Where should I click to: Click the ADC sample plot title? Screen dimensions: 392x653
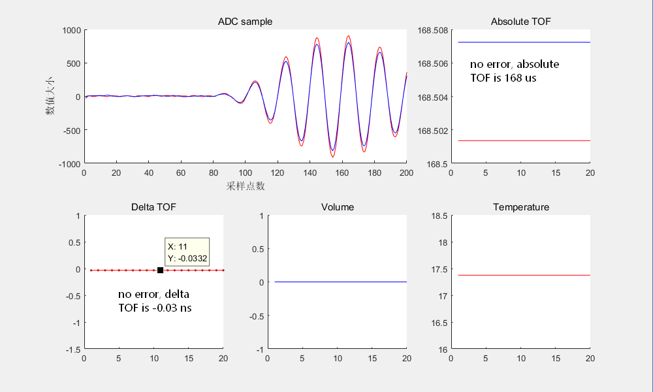point(245,22)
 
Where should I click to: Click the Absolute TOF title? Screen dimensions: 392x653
point(520,22)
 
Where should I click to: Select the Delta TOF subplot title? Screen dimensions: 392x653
point(153,207)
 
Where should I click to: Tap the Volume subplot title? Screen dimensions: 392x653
point(338,207)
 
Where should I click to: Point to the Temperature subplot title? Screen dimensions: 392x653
point(521,207)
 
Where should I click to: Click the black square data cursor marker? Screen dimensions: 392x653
point(160,270)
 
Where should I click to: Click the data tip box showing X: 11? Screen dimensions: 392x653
point(187,252)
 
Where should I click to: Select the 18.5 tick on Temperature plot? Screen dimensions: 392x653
point(439,216)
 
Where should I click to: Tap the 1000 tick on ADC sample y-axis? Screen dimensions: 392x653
point(72,30)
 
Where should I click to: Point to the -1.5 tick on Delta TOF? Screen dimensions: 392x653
point(73,350)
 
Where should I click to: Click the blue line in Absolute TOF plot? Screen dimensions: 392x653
point(522,42)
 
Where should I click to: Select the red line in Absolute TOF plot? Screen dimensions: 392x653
point(522,140)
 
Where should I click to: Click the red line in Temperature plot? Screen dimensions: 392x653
point(522,275)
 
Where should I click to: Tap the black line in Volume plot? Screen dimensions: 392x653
point(340,282)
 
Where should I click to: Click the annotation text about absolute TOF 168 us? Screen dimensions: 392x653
point(515,71)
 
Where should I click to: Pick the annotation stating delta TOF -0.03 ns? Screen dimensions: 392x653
point(154,301)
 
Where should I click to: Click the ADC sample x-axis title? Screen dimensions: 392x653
point(246,186)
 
